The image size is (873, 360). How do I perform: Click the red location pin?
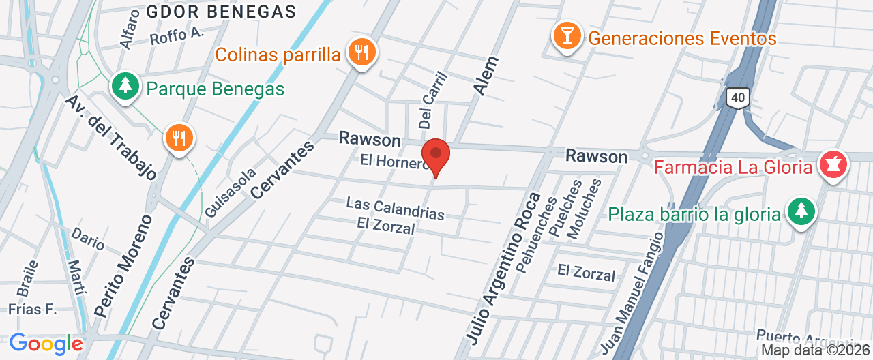click(x=436, y=156)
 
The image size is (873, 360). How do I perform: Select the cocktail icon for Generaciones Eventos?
click(x=567, y=35)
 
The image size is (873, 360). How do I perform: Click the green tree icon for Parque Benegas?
click(x=125, y=86)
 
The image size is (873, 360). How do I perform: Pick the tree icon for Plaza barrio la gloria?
click(x=801, y=212)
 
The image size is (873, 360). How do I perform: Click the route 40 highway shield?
click(x=737, y=97)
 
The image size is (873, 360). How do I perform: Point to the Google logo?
click(x=46, y=343)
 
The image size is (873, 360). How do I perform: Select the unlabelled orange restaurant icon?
click(x=179, y=139)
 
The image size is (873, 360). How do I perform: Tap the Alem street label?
click(x=486, y=76)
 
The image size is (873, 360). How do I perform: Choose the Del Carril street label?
click(x=432, y=100)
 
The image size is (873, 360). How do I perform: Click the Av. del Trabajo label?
click(x=111, y=136)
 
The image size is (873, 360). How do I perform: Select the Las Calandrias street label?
click(x=395, y=208)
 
